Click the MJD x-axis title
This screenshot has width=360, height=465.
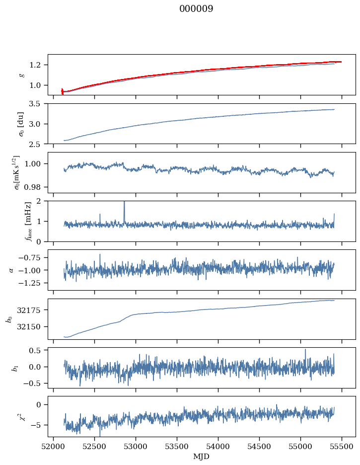[x=202, y=456]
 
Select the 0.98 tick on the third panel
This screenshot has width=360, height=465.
[x=35, y=187]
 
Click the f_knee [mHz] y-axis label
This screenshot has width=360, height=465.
[x=14, y=221]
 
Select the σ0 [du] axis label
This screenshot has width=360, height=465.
[x=14, y=123]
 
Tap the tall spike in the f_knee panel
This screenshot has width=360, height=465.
[x=124, y=204]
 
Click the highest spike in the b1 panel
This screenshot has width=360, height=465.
[x=305, y=350]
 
